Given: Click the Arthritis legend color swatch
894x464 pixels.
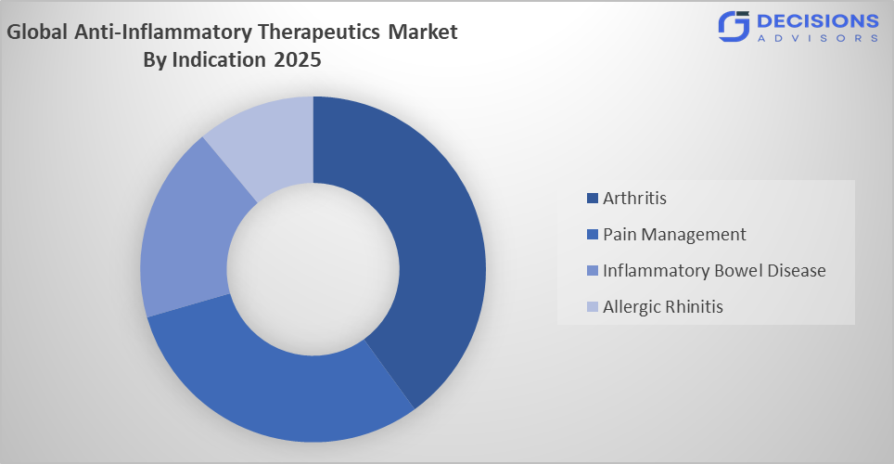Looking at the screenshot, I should click(x=593, y=199).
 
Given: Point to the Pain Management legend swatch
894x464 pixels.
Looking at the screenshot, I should click(x=593, y=235).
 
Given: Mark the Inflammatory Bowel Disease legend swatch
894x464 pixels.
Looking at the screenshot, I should click(x=593, y=271).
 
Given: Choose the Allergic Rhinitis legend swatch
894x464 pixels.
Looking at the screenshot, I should click(x=593, y=307).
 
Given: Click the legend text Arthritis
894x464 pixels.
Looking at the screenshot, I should click(x=634, y=198).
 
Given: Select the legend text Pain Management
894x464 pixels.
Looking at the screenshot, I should click(x=674, y=234).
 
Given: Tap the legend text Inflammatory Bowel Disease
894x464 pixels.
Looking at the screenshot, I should click(x=713, y=270).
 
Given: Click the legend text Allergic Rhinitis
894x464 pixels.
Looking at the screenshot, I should click(x=662, y=306).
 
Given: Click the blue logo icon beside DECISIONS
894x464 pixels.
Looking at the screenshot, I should click(x=733, y=26).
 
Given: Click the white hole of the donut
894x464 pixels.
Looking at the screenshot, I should click(x=313, y=269).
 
